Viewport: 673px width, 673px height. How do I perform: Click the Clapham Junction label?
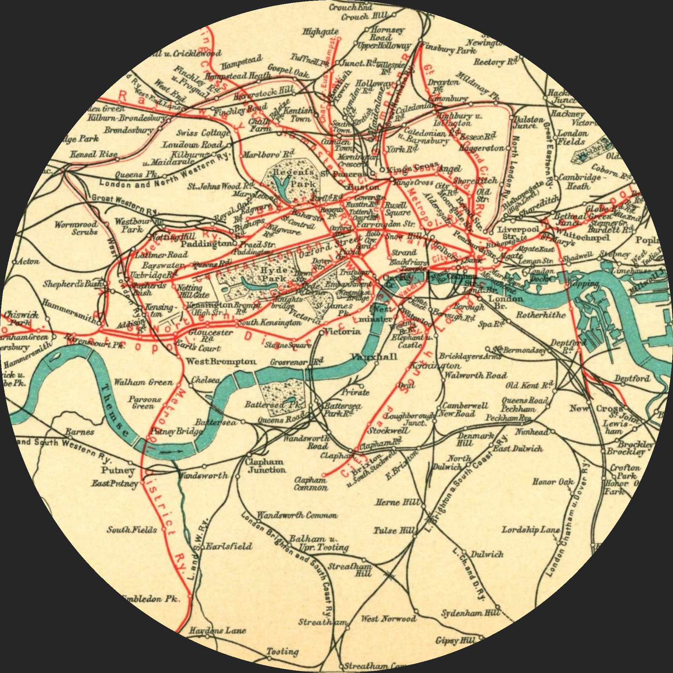[266, 466]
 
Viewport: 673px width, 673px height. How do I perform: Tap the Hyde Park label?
[274, 274]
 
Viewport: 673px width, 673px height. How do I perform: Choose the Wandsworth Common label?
[297, 515]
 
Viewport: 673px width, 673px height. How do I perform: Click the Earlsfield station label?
[229, 546]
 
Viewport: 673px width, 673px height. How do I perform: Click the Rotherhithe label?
[541, 315]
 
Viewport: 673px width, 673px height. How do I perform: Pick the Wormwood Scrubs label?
[76, 228]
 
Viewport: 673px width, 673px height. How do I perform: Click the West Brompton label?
[221, 361]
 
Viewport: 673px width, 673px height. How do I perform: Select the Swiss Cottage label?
[203, 133]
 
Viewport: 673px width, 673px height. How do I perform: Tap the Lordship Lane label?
[530, 530]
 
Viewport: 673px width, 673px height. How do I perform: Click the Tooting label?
[283, 652]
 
